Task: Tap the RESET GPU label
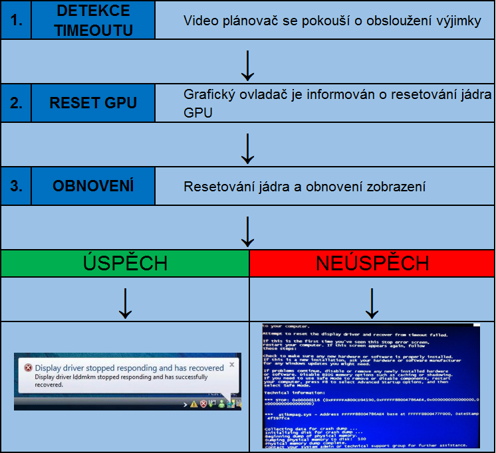click(93, 103)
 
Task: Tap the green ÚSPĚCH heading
click(125, 263)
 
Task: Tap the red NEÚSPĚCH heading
click(372, 263)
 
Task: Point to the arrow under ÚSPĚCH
click(125, 303)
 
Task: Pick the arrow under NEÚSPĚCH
click(372, 303)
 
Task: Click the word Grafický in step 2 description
click(206, 95)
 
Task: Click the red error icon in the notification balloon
click(27, 367)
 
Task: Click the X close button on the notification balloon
click(232, 364)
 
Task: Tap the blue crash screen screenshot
click(370, 386)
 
